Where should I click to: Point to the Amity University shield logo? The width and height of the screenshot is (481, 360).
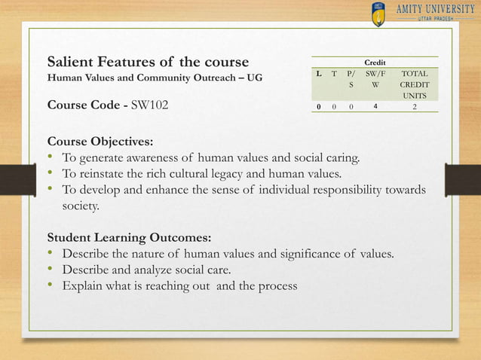coord(378,14)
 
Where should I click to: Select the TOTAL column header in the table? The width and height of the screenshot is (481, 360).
coord(412,75)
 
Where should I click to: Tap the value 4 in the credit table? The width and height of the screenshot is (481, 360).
coord(374,107)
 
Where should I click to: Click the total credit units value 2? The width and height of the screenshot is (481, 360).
coord(413,107)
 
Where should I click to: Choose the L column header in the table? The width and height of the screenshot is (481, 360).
coord(320,75)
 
